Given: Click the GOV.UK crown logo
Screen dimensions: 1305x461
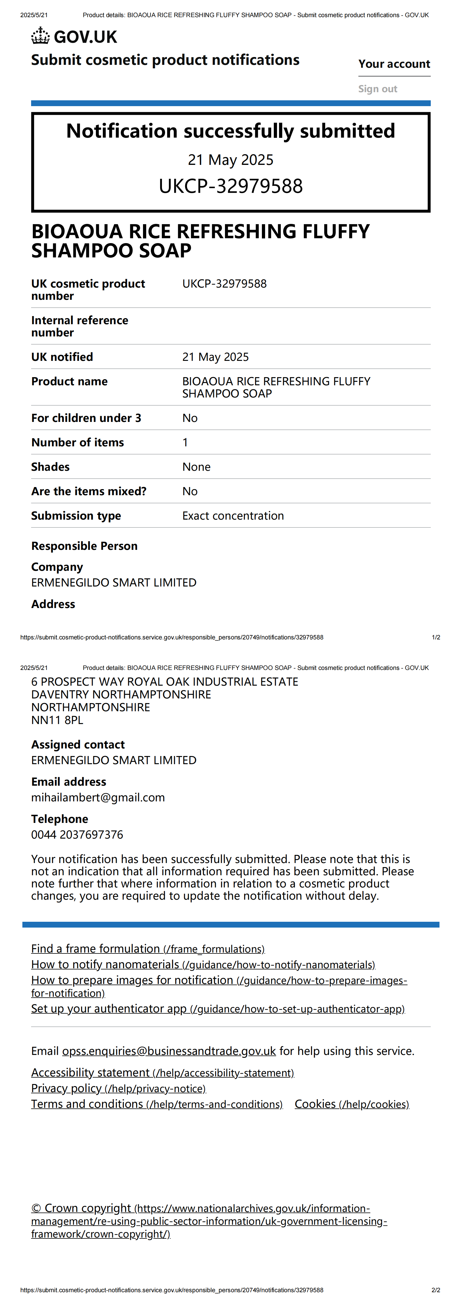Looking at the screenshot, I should pyautogui.click(x=40, y=36).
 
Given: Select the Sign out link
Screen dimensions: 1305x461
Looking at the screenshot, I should pyautogui.click(x=377, y=89).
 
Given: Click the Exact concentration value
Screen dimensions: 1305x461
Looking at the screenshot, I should pyautogui.click(x=233, y=516).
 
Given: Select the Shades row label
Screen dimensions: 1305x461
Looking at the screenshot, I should pyautogui.click(x=50, y=467).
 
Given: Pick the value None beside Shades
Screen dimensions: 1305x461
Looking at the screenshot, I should pyautogui.click(x=196, y=467).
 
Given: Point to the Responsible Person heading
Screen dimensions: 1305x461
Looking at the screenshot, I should pyautogui.click(x=84, y=546).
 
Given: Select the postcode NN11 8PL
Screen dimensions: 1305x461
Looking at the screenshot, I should pyautogui.click(x=57, y=720).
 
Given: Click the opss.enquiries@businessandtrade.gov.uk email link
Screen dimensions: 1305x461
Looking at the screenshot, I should pyautogui.click(x=169, y=1051).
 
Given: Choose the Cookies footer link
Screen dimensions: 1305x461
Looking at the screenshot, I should pyautogui.click(x=352, y=1104).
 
